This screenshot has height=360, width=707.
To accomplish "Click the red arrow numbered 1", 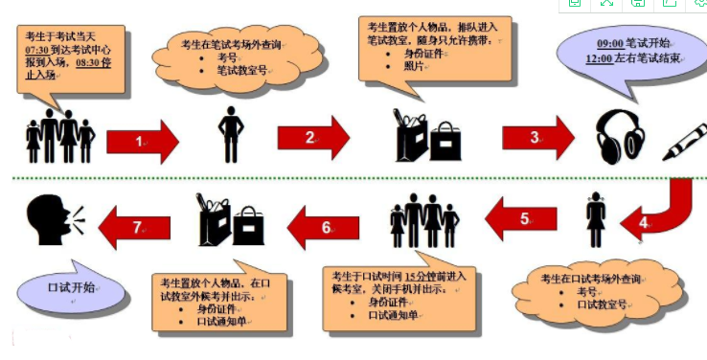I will coord(142,142).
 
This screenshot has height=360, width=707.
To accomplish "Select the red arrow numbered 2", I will coord(312,138).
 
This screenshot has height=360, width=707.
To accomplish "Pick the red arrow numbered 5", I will coord(522,218).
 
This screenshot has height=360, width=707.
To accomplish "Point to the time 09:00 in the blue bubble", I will coord(609,43).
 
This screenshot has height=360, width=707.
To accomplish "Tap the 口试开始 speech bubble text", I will coord(71,286).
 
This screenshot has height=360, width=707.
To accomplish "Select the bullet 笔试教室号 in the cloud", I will coord(241,70).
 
